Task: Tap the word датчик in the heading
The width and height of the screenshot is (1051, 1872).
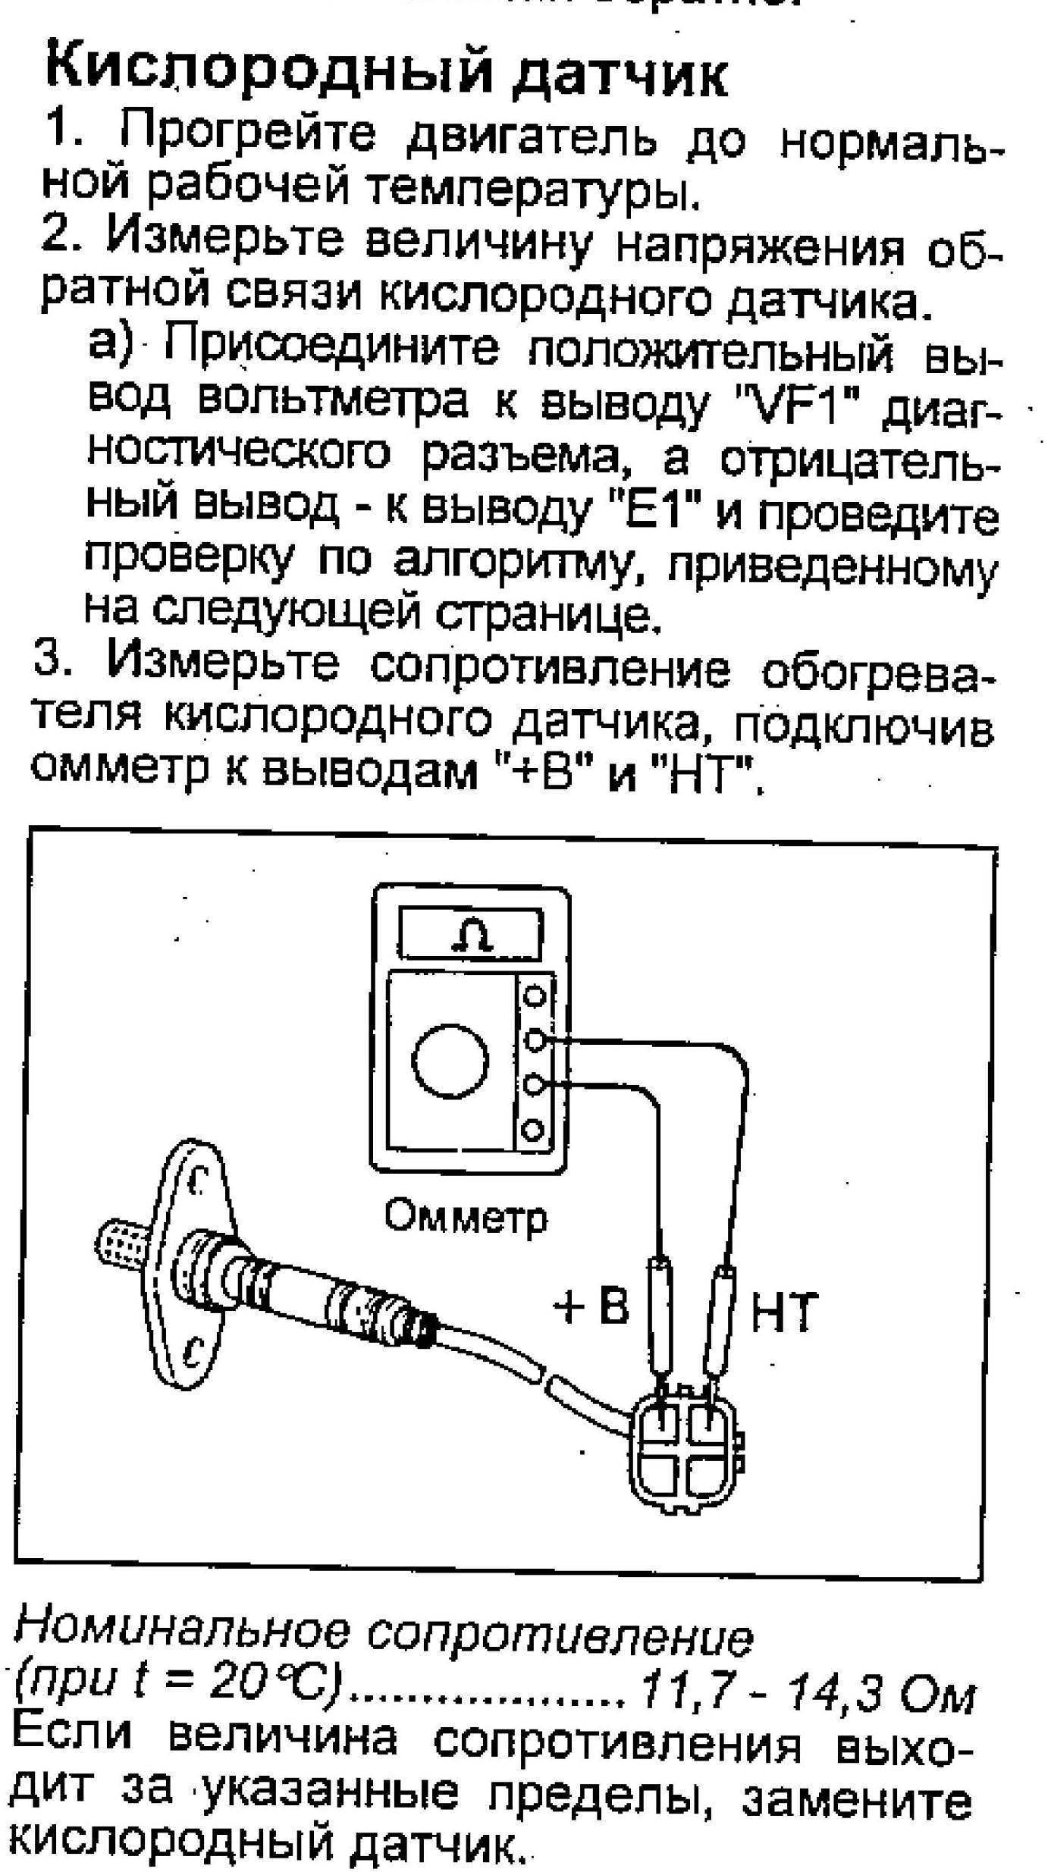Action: click(620, 77)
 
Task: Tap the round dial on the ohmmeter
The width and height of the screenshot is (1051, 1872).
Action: click(449, 1063)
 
